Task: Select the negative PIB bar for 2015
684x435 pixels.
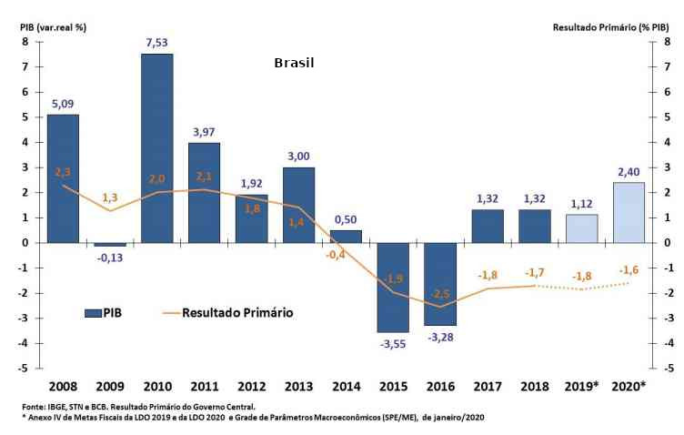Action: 392,287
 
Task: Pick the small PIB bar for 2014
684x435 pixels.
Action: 345,236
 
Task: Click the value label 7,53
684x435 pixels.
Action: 156,42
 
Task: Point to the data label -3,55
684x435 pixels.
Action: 392,343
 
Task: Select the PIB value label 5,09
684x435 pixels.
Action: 63,102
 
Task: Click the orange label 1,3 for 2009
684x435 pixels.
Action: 109,197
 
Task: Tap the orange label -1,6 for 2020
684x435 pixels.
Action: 628,269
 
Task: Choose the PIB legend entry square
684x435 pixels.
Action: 93,312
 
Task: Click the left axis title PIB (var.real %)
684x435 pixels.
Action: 54,26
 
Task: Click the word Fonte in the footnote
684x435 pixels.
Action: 34,406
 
